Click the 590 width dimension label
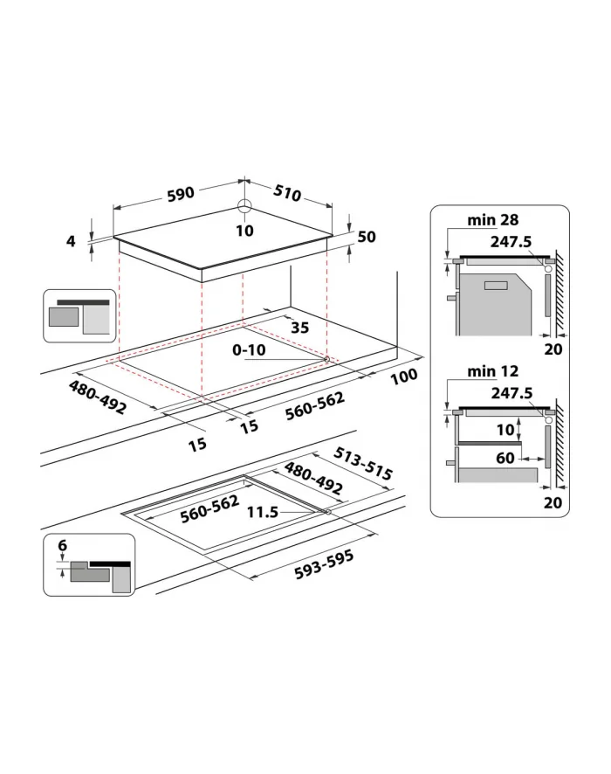pos(181,194)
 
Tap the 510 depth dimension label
pos(287,192)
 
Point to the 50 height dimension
pos(367,237)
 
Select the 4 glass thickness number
pos(72,241)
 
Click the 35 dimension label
pos(300,328)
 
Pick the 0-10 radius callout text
pos(249,350)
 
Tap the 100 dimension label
pos(404,377)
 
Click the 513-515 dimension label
pos(363,464)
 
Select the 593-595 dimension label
pos(324,564)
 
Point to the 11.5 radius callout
pos(263,512)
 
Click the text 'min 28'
pos(492,219)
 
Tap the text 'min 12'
pos(492,370)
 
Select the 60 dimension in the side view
pos(505,458)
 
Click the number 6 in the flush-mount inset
pos(63,545)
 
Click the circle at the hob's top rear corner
pos(244,206)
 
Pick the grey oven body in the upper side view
pos(495,305)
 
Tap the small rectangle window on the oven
pos(496,286)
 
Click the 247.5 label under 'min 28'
pos(511,241)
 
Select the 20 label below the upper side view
pos(553,349)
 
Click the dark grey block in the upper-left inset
pos(64,317)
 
